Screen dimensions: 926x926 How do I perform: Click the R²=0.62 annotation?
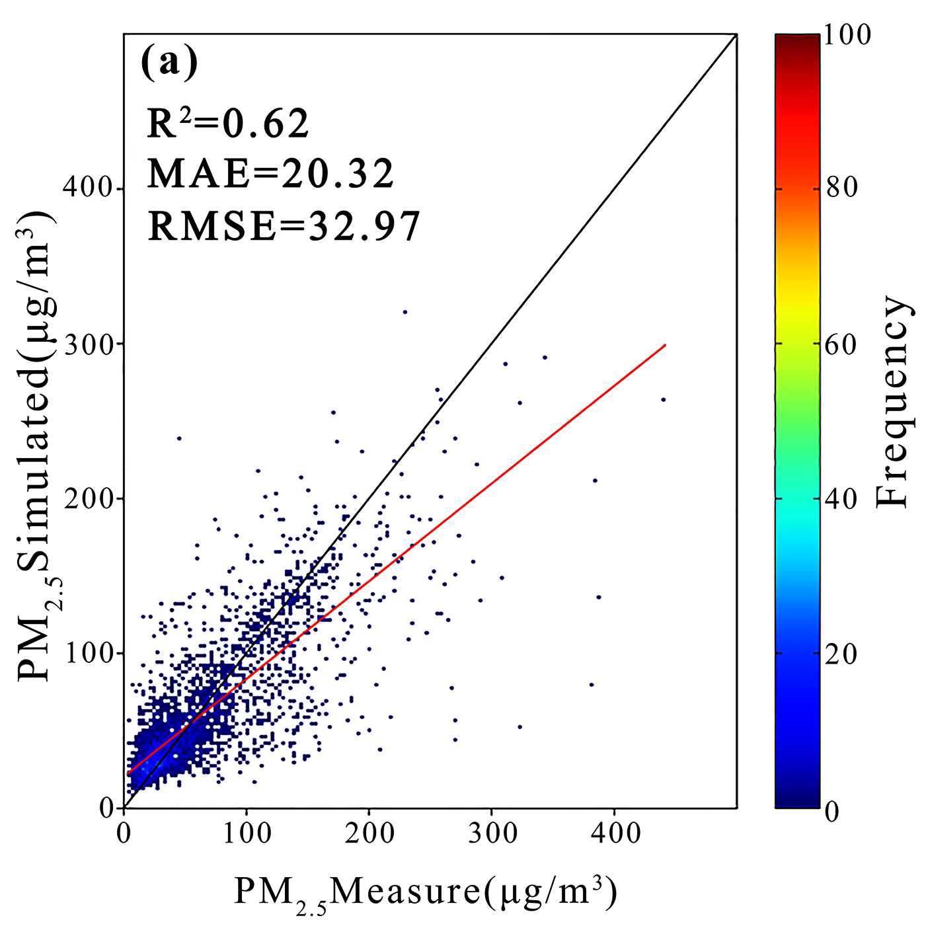pos(228,124)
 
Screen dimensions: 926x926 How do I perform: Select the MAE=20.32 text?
pos(270,174)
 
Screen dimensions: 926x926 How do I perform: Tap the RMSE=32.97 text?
pos(284,225)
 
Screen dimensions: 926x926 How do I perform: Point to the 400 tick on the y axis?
pos(88,189)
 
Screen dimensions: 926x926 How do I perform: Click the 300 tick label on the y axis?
pos(88,344)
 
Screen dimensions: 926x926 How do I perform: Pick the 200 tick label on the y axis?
pos(88,498)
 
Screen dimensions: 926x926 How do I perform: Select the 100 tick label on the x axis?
pos(247,833)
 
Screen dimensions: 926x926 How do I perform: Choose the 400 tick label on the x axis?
pos(615,833)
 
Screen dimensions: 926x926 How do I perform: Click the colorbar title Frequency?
pos(894,402)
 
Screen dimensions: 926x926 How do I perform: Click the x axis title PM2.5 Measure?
pos(425,893)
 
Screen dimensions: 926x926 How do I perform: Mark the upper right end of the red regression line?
pos(665,345)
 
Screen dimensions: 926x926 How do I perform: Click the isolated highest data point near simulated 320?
pos(405,312)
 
